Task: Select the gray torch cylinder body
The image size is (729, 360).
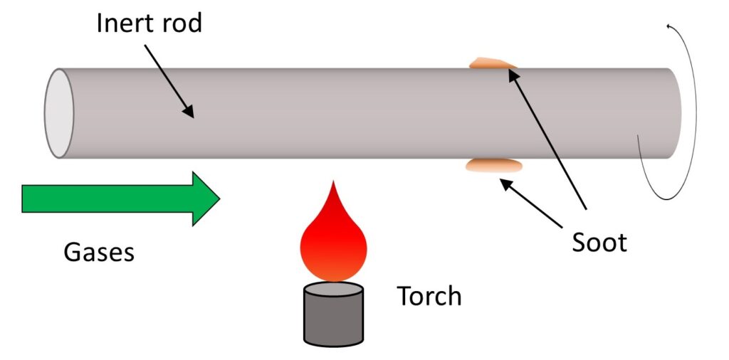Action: [x=334, y=320]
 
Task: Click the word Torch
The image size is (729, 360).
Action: [x=429, y=296]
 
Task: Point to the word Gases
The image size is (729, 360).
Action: [x=99, y=252]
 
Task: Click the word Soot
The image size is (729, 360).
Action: [x=599, y=243]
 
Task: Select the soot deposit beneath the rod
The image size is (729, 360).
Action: [x=493, y=166]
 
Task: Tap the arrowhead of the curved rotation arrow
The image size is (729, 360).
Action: [x=670, y=27]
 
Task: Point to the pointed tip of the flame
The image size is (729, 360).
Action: [x=333, y=184]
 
